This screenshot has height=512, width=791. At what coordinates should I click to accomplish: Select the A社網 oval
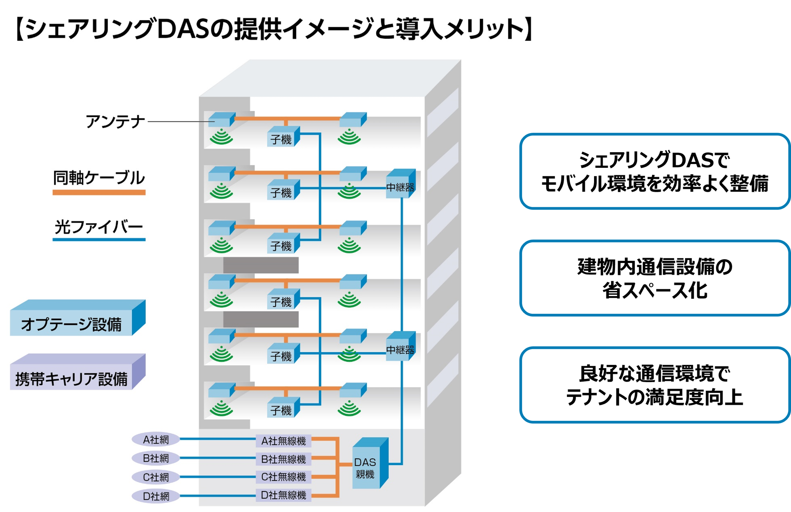tap(156, 439)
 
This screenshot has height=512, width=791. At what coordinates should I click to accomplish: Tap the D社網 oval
tap(156, 496)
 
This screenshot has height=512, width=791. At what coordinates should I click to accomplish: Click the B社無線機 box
tap(283, 459)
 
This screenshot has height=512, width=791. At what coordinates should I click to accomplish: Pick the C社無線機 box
tap(283, 477)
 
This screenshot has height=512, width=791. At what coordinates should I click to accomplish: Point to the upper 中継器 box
tap(400, 186)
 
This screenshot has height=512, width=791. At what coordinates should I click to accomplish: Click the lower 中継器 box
tap(400, 349)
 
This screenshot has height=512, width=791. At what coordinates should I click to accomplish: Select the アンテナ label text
tap(115, 122)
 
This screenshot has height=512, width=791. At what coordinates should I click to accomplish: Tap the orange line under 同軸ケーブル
tap(99, 192)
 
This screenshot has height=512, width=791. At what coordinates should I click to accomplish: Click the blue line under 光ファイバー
tap(99, 239)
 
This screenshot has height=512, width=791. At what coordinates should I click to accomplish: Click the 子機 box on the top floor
tap(282, 138)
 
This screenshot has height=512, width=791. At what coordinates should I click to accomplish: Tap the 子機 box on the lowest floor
tap(282, 409)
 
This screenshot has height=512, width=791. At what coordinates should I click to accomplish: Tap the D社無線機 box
tap(283, 495)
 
